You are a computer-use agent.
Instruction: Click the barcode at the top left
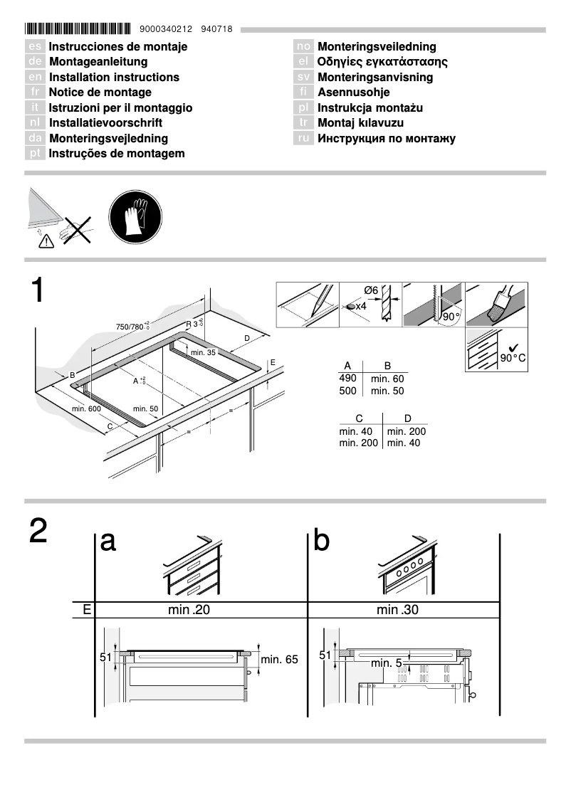[x=78, y=29]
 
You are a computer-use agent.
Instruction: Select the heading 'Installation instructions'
[x=114, y=77]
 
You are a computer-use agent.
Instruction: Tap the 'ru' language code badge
[x=303, y=139]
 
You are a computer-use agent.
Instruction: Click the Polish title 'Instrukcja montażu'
[x=370, y=108]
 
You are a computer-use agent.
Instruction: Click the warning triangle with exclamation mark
[x=46, y=241]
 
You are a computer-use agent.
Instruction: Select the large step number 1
[x=37, y=292]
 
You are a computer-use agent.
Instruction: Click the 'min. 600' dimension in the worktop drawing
[x=86, y=408]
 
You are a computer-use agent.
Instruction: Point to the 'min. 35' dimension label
[x=202, y=352]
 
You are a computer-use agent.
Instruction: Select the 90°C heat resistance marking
[x=513, y=357]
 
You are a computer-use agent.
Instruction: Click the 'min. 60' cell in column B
[x=387, y=379]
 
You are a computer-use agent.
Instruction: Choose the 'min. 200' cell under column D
[x=406, y=431]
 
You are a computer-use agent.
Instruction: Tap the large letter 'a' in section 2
[x=108, y=542]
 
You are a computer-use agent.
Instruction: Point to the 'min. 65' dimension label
[x=279, y=660]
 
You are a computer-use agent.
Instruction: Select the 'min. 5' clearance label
[x=387, y=663]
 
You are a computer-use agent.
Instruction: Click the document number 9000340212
[x=167, y=29]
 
